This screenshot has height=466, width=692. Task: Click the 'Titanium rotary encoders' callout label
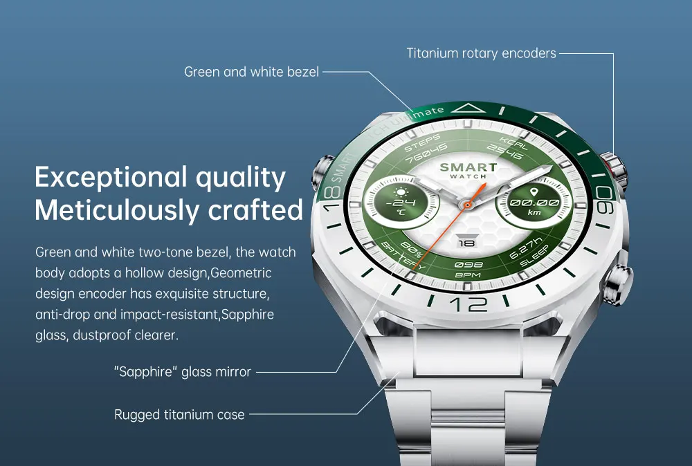481,53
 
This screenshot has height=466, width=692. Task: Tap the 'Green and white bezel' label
251,71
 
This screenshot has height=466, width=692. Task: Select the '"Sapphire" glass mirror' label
182,372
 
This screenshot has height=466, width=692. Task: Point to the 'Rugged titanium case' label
179,415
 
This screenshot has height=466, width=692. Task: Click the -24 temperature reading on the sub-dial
401,203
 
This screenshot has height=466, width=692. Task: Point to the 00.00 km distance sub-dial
534,203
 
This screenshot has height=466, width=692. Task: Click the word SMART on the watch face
468,167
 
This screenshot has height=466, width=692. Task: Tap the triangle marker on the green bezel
473,108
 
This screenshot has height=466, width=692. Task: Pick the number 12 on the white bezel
468,304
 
